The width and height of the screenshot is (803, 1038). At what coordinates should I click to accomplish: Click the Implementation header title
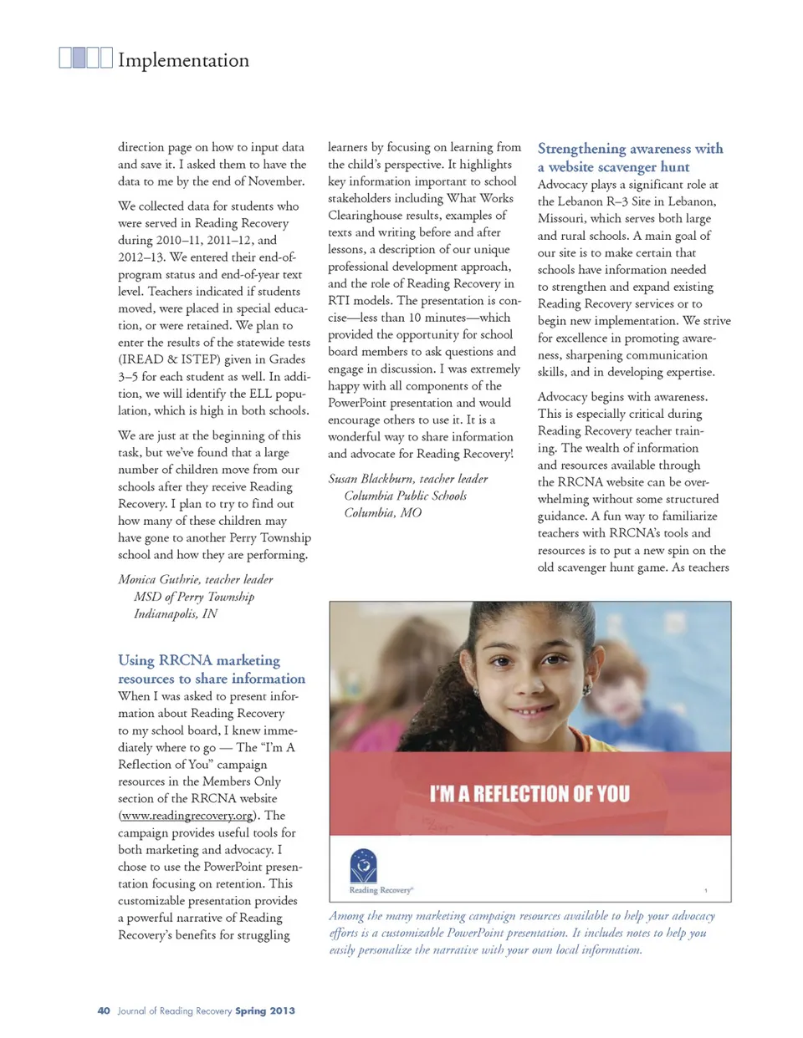pos(183,60)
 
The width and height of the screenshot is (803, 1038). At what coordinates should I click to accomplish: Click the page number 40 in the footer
pos(104,1010)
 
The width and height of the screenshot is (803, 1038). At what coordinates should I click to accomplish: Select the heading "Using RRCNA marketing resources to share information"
pos(211,669)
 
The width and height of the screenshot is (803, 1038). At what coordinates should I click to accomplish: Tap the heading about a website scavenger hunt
pos(630,157)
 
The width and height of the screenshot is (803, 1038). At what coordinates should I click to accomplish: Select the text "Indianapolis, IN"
pos(176,613)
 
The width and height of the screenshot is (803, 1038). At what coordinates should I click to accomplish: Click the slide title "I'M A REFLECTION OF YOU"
pos(529,793)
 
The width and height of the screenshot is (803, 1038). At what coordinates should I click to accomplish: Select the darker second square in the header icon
pos(79,58)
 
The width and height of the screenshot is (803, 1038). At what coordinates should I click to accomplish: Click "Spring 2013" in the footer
pos(265,1010)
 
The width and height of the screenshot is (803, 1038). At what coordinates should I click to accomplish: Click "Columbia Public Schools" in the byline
pos(405,496)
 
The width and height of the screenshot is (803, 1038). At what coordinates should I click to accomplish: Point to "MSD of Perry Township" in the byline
pos(194,597)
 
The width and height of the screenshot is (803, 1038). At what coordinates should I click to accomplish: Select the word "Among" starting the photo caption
pos(345,916)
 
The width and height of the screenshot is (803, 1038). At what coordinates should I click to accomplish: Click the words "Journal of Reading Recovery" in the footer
pos(175,1010)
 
